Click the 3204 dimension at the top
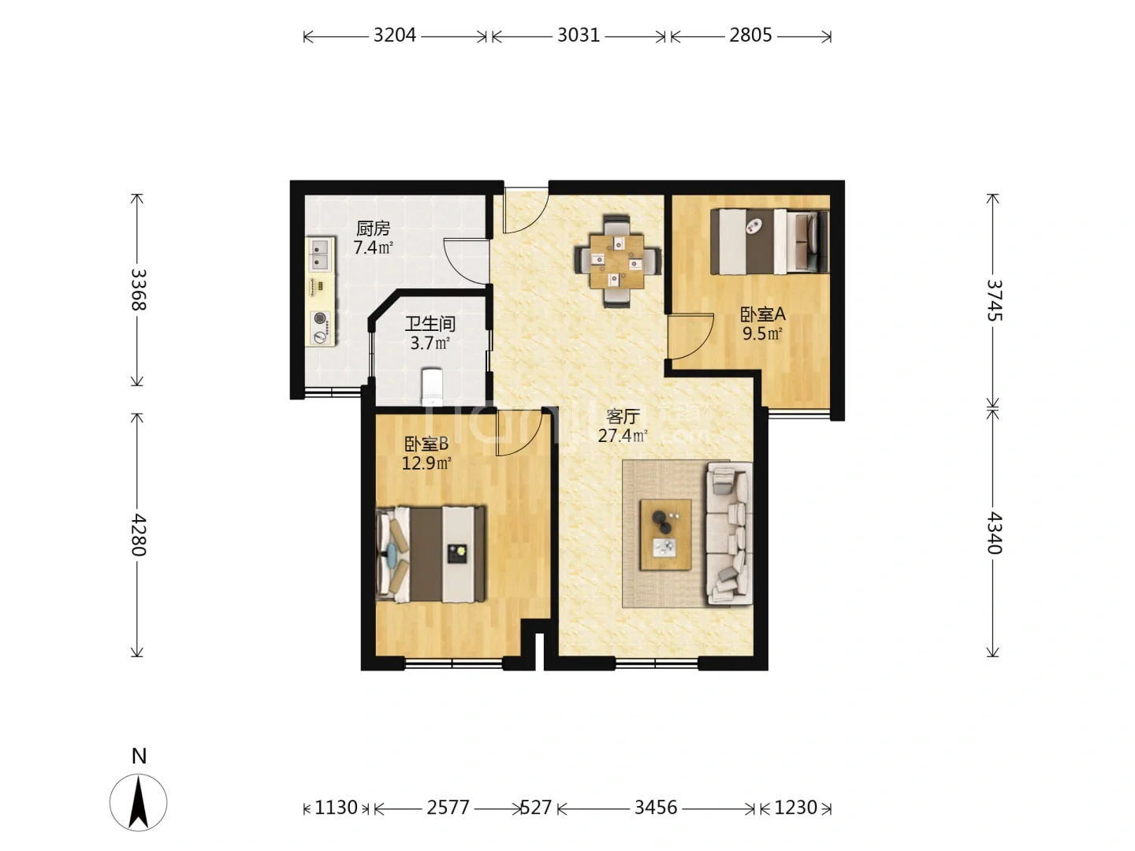pyautogui.click(x=395, y=35)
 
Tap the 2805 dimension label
pyautogui.click(x=750, y=35)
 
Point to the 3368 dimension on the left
pyautogui.click(x=138, y=289)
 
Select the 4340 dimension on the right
pyautogui.click(x=994, y=533)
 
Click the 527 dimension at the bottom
pyautogui.click(x=535, y=807)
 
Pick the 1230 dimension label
pyautogui.click(x=795, y=807)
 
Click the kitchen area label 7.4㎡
pyautogui.click(x=373, y=247)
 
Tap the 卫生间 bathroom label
pyautogui.click(x=430, y=324)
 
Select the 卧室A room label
pyautogui.click(x=763, y=314)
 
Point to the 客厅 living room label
pyautogui.click(x=623, y=416)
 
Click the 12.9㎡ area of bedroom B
pyautogui.click(x=426, y=463)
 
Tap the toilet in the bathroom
pyautogui.click(x=432, y=386)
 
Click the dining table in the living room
pyautogui.click(x=617, y=262)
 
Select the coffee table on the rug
pyautogui.click(x=665, y=534)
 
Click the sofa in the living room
pyautogui.click(x=729, y=533)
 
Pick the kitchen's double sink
pyautogui.click(x=322, y=255)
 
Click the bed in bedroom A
pyautogui.click(x=769, y=241)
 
